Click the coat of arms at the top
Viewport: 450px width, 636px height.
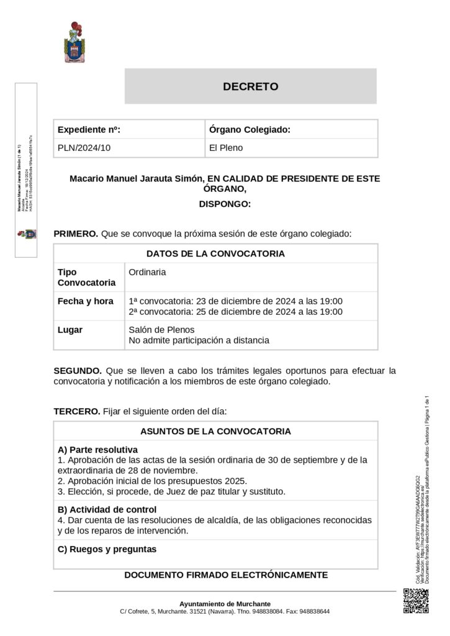74,42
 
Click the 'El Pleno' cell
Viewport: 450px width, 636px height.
226,148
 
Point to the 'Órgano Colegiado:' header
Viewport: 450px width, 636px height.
250,129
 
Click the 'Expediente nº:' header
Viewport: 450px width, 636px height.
89,129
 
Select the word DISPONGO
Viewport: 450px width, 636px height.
225,203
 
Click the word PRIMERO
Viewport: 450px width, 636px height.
76,234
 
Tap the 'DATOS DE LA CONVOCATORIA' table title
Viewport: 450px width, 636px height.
215,253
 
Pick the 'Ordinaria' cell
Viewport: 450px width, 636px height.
147,272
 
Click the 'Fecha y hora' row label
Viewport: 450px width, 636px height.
85,301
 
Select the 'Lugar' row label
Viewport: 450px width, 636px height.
70,330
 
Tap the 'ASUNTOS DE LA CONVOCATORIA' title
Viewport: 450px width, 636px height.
215,430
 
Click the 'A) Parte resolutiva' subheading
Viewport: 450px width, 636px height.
97,449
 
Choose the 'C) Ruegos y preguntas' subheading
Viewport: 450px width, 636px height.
107,549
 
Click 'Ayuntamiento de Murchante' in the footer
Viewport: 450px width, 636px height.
225,603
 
